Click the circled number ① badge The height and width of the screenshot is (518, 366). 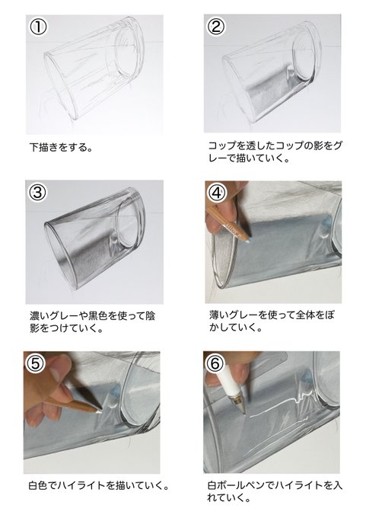(37, 27)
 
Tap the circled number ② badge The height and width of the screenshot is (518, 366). (216, 27)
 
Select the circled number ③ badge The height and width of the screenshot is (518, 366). (37, 192)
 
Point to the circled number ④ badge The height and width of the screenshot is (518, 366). (217, 193)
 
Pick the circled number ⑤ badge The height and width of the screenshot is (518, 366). (36, 363)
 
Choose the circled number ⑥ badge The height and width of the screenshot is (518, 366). (215, 363)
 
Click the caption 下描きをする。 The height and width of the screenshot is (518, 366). (62, 147)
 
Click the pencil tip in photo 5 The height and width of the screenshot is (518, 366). (100, 411)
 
